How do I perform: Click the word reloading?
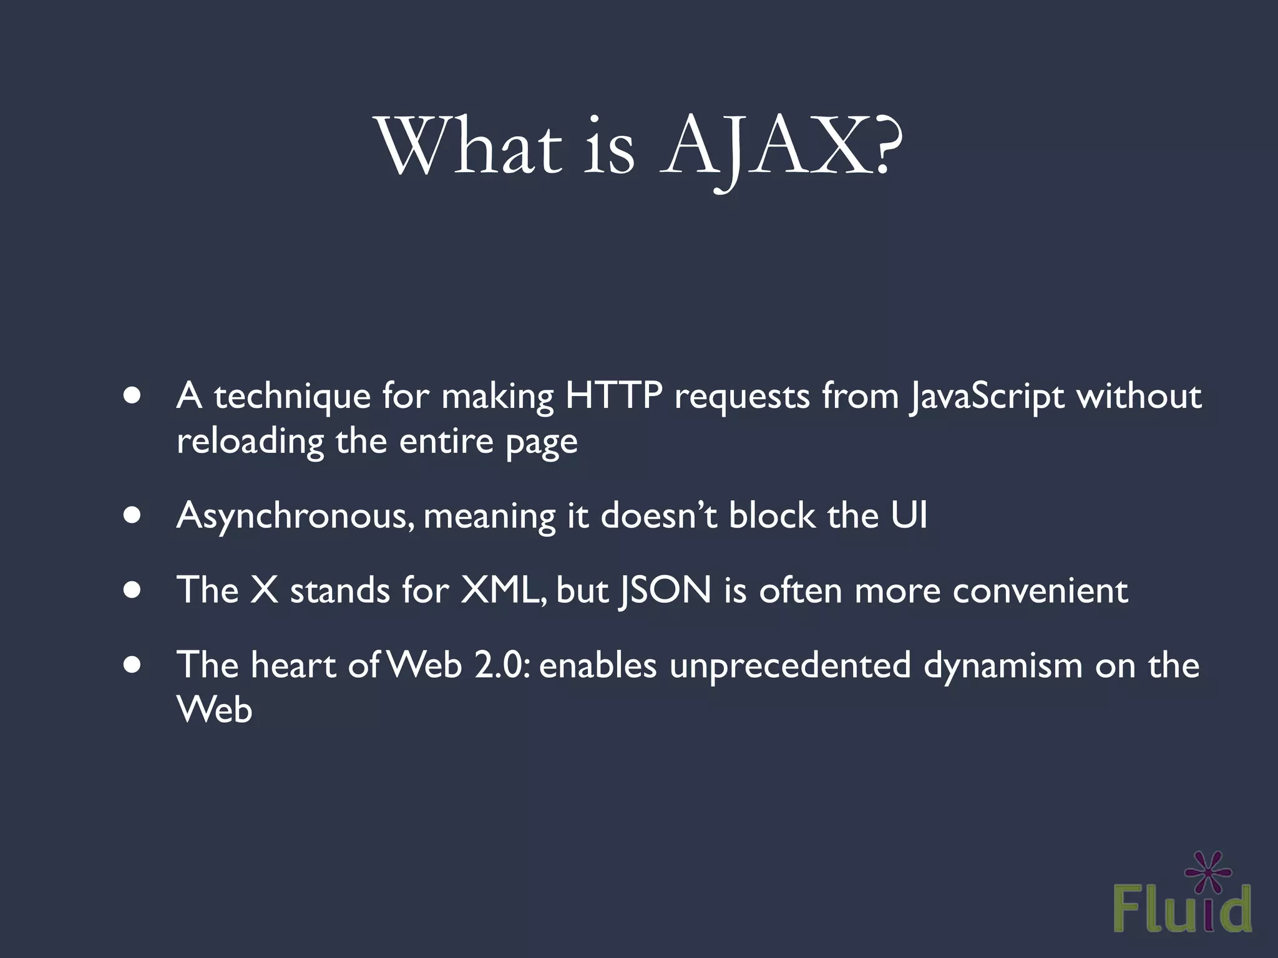pyautogui.click(x=250, y=442)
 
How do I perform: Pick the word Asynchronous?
pyautogui.click(x=294, y=516)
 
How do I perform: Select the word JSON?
pyautogui.click(x=664, y=590)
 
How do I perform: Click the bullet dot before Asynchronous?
pyautogui.click(x=132, y=516)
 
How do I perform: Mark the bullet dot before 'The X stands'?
pyautogui.click(x=132, y=590)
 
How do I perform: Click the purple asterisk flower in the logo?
pyautogui.click(x=1208, y=871)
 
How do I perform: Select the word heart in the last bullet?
pyautogui.click(x=293, y=665)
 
